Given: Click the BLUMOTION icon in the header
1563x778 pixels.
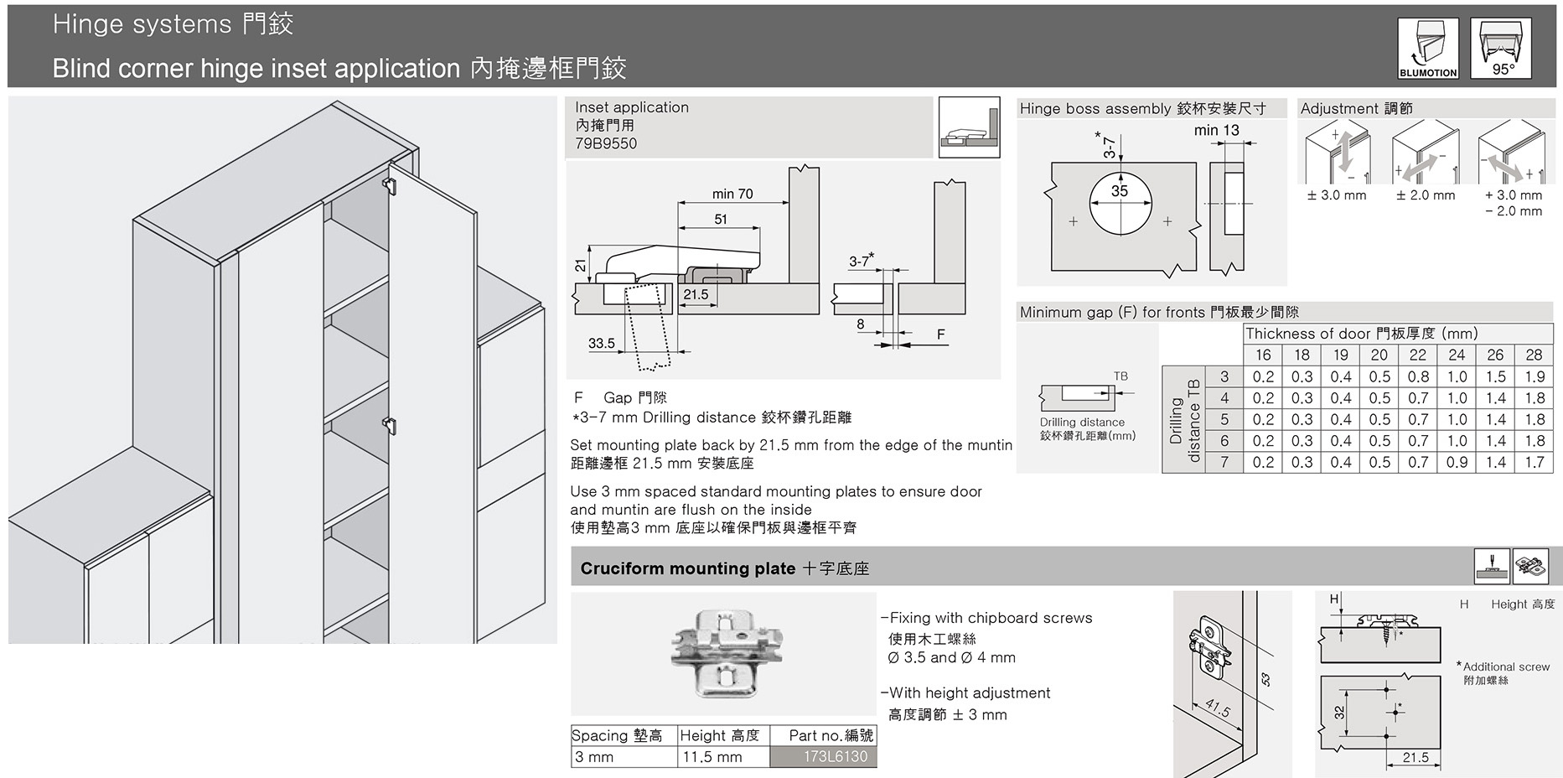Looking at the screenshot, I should [x=1428, y=49].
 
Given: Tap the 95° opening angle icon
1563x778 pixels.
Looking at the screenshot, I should [x=1503, y=49].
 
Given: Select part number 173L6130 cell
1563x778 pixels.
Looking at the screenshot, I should [x=835, y=756].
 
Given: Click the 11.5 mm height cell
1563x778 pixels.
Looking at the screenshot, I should [x=712, y=757].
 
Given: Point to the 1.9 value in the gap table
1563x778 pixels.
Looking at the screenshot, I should [x=1534, y=377].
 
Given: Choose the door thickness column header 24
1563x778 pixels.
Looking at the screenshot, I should [x=1457, y=355].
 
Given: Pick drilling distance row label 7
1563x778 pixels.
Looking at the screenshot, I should [x=1224, y=462].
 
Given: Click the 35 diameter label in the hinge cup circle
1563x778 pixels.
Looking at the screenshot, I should [x=1120, y=191].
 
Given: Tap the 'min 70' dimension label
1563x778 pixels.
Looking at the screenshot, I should [x=732, y=194].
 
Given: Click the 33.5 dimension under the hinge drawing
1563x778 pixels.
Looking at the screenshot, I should [x=601, y=343].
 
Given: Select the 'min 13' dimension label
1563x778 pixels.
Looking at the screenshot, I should [x=1216, y=130].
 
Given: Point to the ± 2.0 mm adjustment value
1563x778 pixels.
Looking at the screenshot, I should [x=1425, y=195].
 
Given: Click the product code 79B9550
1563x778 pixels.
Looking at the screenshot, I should [x=606, y=143].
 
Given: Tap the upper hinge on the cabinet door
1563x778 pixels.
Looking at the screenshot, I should [x=389, y=184].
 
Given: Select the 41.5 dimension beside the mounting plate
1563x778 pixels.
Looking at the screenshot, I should [x=1217, y=709].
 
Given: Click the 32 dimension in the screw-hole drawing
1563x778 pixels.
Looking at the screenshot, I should [x=1339, y=713].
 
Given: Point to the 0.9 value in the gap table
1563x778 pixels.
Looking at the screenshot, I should [x=1457, y=462].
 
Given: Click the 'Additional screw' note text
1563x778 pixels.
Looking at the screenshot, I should [x=1506, y=666].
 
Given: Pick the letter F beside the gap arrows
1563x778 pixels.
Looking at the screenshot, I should [x=940, y=335].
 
